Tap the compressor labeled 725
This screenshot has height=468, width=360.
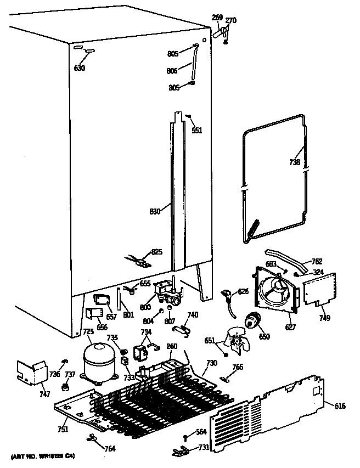click(x=98, y=360)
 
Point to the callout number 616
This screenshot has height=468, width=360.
click(x=340, y=406)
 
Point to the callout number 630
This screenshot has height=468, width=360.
click(x=80, y=69)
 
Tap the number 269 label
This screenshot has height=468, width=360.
click(x=217, y=18)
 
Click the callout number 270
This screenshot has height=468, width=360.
click(x=231, y=21)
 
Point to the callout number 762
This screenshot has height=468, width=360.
click(x=317, y=261)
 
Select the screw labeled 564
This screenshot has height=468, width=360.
click(x=187, y=436)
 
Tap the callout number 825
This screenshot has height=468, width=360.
click(x=157, y=252)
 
